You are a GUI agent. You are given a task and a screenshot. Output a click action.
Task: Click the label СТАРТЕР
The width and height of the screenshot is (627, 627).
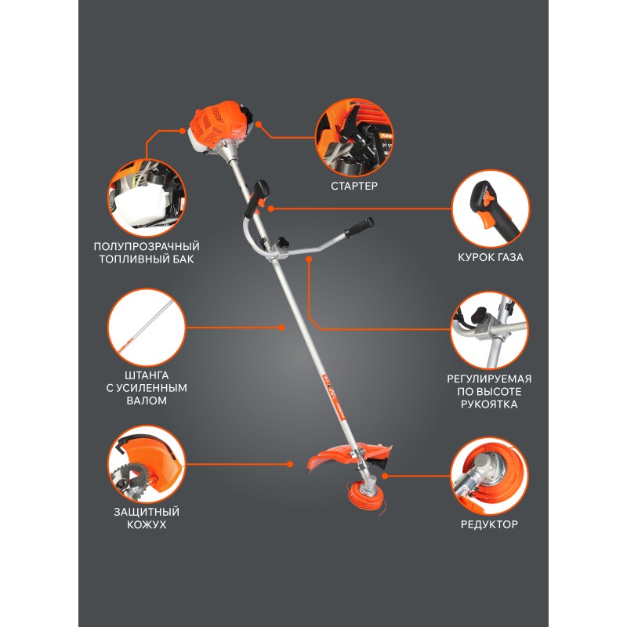[354, 186]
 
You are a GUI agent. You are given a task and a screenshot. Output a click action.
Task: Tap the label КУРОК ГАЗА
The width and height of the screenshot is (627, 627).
[491, 257]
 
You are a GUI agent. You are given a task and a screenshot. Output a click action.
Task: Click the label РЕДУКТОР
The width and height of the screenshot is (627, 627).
[489, 524]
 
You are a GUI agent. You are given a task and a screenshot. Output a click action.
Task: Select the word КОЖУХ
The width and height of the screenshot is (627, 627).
[147, 524]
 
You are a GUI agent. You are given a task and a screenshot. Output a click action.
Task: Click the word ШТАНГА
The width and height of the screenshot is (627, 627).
[147, 375]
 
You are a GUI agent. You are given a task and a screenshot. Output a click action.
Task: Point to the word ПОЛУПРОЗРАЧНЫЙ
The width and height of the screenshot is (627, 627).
[147, 246]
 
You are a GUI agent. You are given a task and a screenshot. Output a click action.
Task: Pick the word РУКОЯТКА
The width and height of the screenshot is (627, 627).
[489, 404]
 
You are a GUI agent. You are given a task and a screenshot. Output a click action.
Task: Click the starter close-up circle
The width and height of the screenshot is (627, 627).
[354, 138]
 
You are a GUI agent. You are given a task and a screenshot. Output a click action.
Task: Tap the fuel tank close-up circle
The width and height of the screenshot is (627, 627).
[147, 198]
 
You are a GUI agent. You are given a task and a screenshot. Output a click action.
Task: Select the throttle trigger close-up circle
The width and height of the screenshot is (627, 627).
[491, 208]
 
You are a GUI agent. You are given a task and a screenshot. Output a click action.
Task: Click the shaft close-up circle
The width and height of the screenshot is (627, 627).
[147, 328]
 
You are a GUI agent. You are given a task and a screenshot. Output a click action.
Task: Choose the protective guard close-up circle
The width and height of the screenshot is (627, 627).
[147, 464]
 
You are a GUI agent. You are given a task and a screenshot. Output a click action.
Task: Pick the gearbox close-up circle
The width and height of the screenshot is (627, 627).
[489, 477]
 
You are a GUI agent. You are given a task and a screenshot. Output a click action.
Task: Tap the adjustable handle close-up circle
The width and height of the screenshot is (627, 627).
[489, 330]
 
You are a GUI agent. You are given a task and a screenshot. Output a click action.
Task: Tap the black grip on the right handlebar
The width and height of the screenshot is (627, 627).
[359, 228]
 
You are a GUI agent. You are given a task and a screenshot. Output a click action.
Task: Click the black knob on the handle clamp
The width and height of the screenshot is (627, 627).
[282, 241]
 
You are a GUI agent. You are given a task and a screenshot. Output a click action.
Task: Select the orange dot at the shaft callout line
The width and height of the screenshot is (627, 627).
[281, 328]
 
